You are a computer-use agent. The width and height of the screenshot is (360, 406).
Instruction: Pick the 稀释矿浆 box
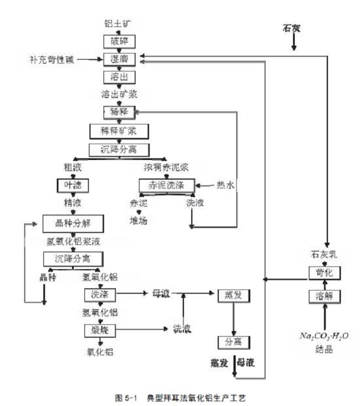(119, 131)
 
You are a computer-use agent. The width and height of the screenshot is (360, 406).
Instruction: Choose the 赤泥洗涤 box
(167, 185)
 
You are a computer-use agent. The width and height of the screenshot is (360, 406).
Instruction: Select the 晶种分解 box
(74, 223)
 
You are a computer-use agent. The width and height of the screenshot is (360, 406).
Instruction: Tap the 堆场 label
(138, 220)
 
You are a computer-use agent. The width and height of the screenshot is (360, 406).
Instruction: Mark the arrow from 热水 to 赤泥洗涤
(206, 185)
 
